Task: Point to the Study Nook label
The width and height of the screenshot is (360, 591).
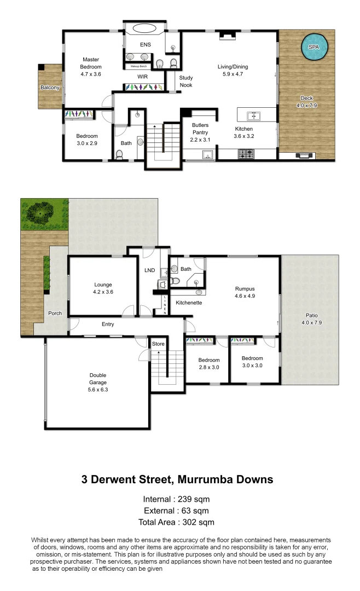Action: click(x=186, y=81)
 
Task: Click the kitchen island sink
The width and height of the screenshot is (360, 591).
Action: click(x=253, y=115)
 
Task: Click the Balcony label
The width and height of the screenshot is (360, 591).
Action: click(x=50, y=88)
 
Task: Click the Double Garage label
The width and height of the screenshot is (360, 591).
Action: click(x=98, y=379)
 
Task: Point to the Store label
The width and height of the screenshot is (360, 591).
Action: click(x=158, y=344)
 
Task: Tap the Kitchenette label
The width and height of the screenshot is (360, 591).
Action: click(x=189, y=303)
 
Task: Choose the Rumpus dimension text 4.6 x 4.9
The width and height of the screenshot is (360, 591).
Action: click(x=245, y=296)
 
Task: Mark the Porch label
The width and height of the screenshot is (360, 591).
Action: click(x=55, y=314)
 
